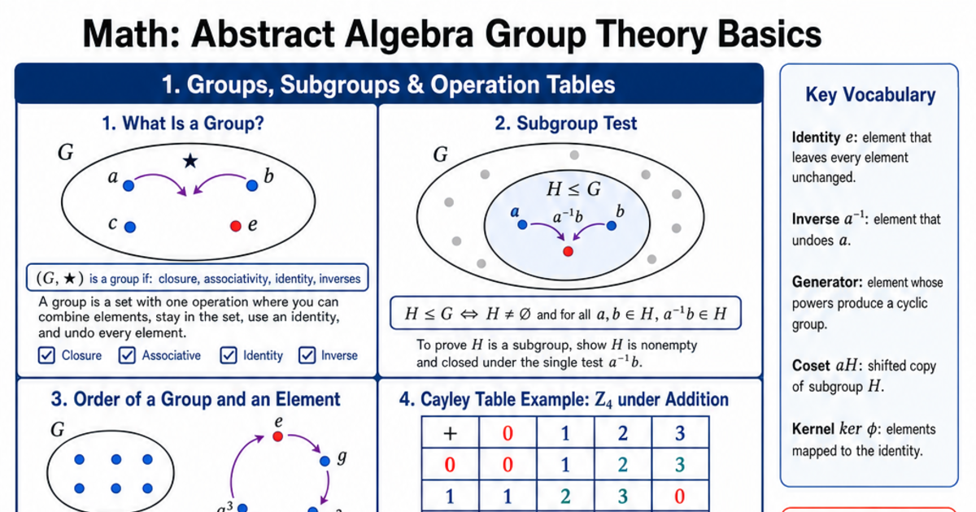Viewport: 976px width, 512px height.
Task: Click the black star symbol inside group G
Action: click(x=190, y=161)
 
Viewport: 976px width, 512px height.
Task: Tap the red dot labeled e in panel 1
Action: click(x=236, y=226)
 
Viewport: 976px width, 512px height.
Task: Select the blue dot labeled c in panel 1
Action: click(x=130, y=227)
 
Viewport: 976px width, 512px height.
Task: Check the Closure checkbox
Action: click(x=46, y=355)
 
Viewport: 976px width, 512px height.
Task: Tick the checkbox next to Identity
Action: click(x=229, y=355)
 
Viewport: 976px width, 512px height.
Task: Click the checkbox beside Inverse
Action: click(x=307, y=355)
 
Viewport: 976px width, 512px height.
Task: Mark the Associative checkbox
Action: click(x=127, y=355)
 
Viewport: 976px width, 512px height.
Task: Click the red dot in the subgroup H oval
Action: click(x=568, y=251)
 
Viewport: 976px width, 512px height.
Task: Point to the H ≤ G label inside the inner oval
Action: click(x=573, y=189)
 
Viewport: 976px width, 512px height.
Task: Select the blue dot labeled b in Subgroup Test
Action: click(x=612, y=226)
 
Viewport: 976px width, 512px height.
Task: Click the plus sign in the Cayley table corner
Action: click(x=450, y=433)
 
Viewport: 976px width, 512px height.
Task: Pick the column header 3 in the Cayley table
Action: click(x=680, y=433)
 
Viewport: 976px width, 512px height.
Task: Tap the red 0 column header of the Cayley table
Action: click(x=508, y=433)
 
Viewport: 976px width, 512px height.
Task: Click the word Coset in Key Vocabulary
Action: click(x=811, y=366)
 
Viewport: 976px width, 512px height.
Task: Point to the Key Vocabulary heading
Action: click(x=870, y=95)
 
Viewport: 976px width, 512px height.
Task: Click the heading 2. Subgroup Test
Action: click(x=565, y=124)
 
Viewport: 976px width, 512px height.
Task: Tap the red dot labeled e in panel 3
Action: click(x=277, y=436)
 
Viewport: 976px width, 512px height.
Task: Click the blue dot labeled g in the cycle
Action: click(x=325, y=461)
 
